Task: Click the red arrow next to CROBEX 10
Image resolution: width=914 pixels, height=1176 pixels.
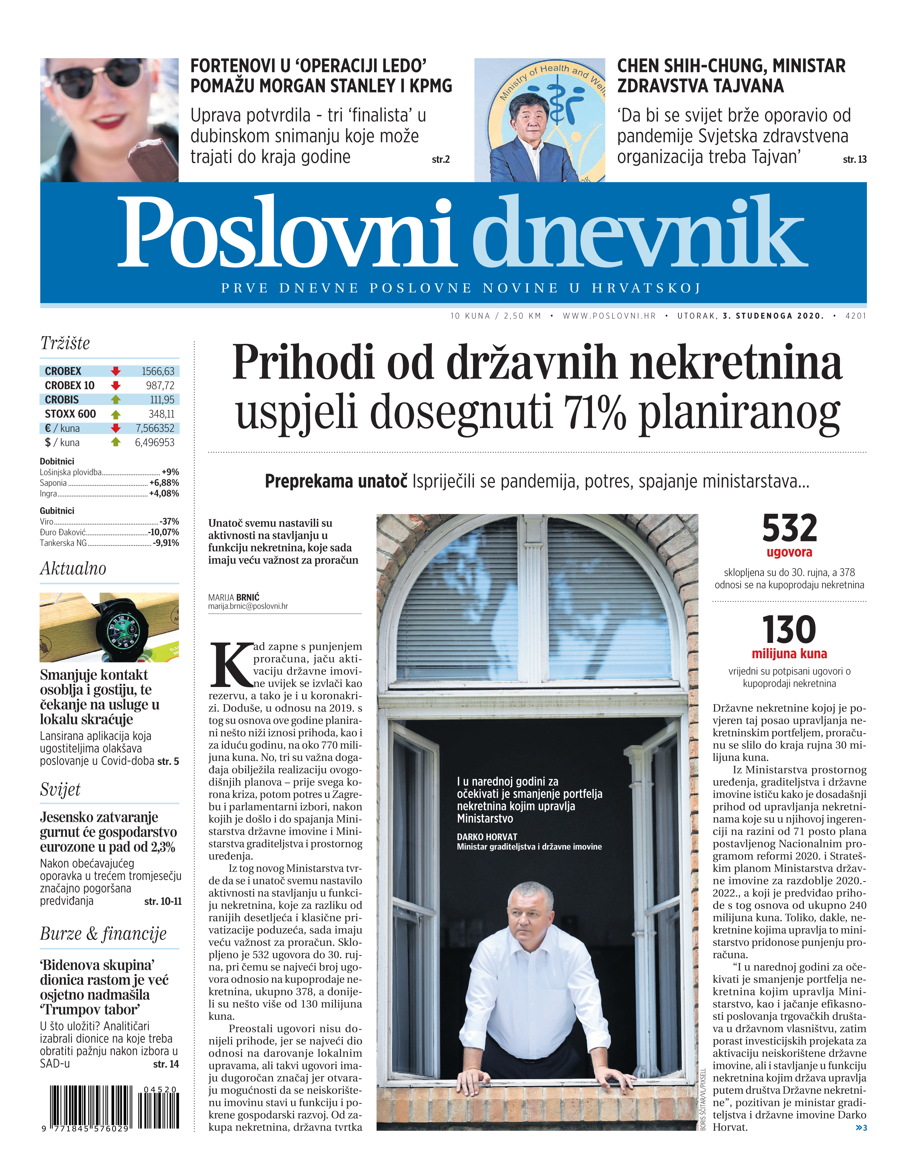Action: [115, 385]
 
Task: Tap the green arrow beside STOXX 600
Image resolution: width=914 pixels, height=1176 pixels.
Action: [115, 414]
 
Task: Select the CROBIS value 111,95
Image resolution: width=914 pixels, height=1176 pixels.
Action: [162, 399]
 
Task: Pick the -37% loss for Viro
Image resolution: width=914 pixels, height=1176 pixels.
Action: [170, 521]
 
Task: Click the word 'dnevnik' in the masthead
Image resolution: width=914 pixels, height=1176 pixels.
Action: [640, 232]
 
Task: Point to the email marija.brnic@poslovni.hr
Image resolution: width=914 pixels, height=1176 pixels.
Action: [248, 606]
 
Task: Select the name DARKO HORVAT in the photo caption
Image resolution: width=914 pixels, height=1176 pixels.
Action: [487, 837]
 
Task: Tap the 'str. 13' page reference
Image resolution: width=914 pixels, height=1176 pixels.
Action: [855, 159]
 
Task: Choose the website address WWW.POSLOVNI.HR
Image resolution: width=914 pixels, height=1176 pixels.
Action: [609, 316]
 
